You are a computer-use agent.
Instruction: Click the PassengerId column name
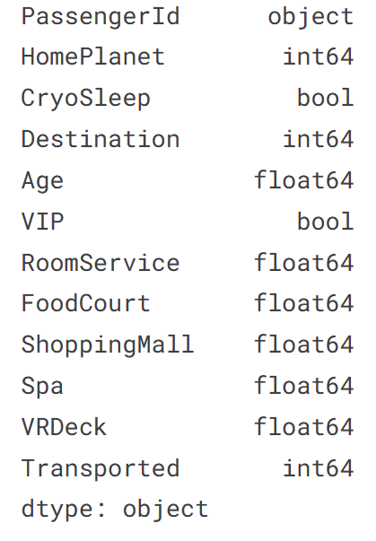point(101,17)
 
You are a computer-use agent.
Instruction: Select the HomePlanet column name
point(92,57)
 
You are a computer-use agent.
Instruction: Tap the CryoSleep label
point(86,100)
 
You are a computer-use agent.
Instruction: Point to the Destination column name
point(101,139)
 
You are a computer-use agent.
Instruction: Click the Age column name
point(42,181)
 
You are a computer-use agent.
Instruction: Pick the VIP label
point(42,222)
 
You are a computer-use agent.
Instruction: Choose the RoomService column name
point(101,263)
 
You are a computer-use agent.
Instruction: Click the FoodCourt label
point(86,303)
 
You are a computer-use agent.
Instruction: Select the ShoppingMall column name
point(108,345)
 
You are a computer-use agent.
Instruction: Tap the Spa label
point(42,387)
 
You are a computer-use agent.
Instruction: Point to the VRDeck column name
point(64,427)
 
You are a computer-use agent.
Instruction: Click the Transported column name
point(101,467)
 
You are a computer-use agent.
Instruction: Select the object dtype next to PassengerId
point(310,17)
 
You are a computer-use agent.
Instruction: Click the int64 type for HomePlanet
point(319,57)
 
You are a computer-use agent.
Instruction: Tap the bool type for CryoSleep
point(325,98)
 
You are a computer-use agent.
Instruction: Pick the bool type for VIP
point(325,222)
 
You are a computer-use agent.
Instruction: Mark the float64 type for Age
point(304,180)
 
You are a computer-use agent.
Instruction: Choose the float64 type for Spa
point(304,386)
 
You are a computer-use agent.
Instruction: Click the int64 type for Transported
point(319,467)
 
